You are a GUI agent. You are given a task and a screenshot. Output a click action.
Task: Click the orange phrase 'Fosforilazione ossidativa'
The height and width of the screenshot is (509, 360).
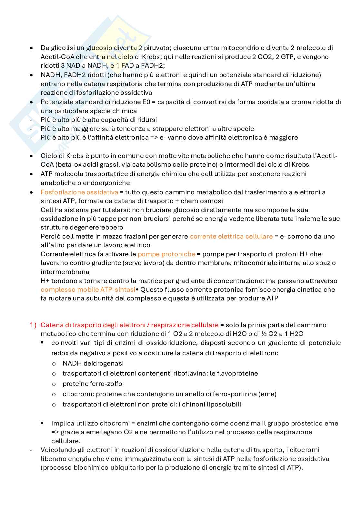(x=79, y=192)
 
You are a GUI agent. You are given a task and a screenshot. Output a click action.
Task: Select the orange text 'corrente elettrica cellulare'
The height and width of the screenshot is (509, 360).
(x=231, y=237)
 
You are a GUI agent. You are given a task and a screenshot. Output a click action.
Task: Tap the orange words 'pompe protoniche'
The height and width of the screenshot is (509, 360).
(x=166, y=254)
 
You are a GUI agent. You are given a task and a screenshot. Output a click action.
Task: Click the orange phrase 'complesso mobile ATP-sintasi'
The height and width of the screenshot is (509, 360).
(x=88, y=290)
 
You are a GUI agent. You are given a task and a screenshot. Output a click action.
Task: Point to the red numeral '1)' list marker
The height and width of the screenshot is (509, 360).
(x=34, y=325)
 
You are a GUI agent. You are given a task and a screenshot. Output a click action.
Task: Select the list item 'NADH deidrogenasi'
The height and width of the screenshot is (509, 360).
(x=93, y=364)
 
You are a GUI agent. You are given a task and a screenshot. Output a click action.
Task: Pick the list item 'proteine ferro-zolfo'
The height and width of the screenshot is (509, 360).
(x=92, y=384)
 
